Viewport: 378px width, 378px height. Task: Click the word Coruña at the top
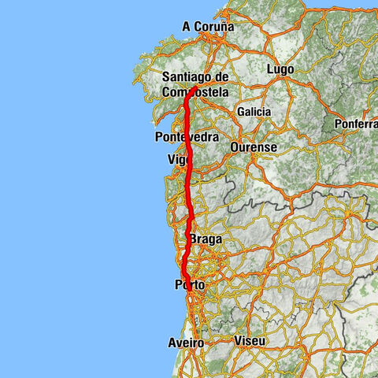click(214, 27)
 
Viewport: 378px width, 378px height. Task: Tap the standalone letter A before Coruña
click(187, 27)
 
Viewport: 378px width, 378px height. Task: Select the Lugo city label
click(281, 70)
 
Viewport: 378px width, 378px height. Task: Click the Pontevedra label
click(187, 137)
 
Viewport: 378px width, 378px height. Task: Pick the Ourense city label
click(254, 147)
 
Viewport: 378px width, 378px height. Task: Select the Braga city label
click(206, 239)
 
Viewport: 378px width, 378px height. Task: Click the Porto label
click(189, 286)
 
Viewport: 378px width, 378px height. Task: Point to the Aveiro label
click(186, 343)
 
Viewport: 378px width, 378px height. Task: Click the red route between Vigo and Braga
click(189, 201)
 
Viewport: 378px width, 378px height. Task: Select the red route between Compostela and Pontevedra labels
click(188, 114)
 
